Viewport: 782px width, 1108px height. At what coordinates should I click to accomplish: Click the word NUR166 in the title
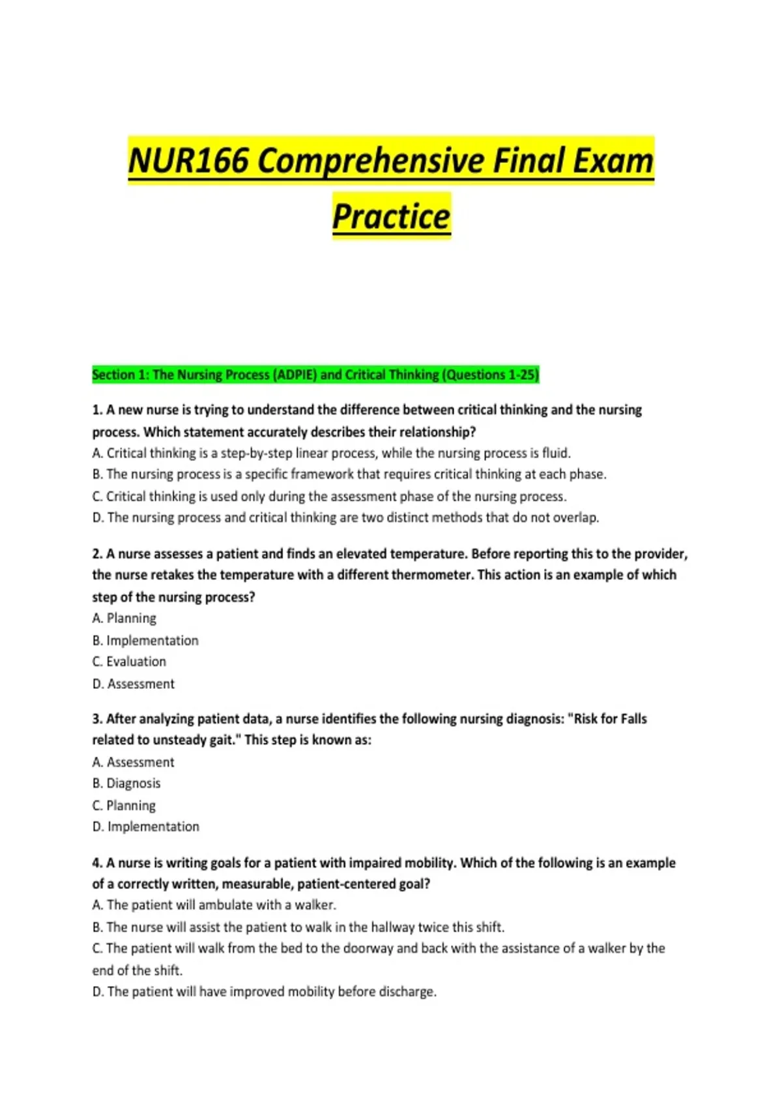click(x=188, y=161)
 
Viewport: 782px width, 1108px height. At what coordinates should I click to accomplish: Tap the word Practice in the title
click(x=391, y=216)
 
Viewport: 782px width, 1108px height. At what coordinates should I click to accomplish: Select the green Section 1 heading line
click(x=315, y=375)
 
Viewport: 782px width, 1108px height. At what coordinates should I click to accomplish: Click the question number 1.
click(x=97, y=410)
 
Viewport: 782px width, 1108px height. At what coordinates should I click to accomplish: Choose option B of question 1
click(x=349, y=474)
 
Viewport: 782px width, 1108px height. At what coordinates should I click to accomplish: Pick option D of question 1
click(x=345, y=518)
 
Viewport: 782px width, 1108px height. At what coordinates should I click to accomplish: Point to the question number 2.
click(x=97, y=554)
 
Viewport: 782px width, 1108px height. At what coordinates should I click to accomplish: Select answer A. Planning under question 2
click(x=124, y=619)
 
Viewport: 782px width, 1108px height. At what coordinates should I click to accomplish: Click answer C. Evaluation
click(x=129, y=662)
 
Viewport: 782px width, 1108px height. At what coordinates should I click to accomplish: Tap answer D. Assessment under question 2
click(x=134, y=684)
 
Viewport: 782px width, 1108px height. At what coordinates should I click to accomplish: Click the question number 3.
click(x=97, y=719)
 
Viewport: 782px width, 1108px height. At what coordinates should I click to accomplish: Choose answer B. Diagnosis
click(x=126, y=783)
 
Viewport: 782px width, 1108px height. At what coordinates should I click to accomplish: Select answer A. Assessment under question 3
click(x=134, y=762)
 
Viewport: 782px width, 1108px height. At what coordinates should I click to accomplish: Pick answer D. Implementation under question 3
click(x=146, y=826)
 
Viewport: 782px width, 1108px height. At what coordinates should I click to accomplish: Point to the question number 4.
click(x=97, y=863)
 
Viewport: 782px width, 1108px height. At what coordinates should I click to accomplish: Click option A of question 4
click(x=214, y=905)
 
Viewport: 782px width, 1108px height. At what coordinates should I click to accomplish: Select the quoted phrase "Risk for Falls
click(x=607, y=719)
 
